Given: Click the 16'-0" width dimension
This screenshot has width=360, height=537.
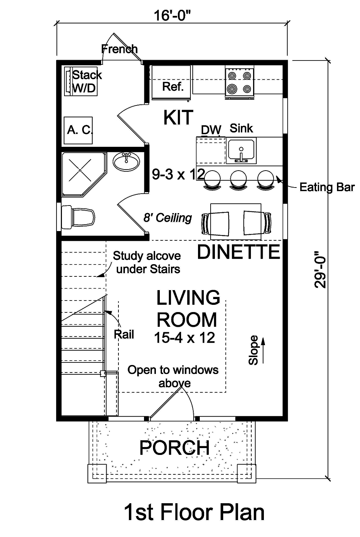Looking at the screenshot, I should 172,15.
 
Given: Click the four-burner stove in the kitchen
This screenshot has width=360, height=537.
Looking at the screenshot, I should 239,82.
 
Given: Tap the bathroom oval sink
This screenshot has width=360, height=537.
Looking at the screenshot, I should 126,161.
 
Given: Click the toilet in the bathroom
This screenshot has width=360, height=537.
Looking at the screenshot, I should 78,217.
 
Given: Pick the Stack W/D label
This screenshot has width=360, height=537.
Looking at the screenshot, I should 86,81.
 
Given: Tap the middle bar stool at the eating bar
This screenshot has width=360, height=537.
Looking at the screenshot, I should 238,179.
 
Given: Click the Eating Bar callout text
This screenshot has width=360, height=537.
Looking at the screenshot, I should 327,187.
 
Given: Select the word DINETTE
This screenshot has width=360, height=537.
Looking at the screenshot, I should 238,252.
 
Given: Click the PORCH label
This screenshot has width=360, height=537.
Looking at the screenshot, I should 174,448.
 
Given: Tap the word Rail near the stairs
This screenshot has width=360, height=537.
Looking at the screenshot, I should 124,334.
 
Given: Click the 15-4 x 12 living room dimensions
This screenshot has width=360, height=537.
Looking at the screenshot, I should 184,338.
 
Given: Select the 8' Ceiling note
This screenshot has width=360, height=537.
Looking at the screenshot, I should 168,218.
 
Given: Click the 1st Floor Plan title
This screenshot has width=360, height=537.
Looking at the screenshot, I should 194,512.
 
